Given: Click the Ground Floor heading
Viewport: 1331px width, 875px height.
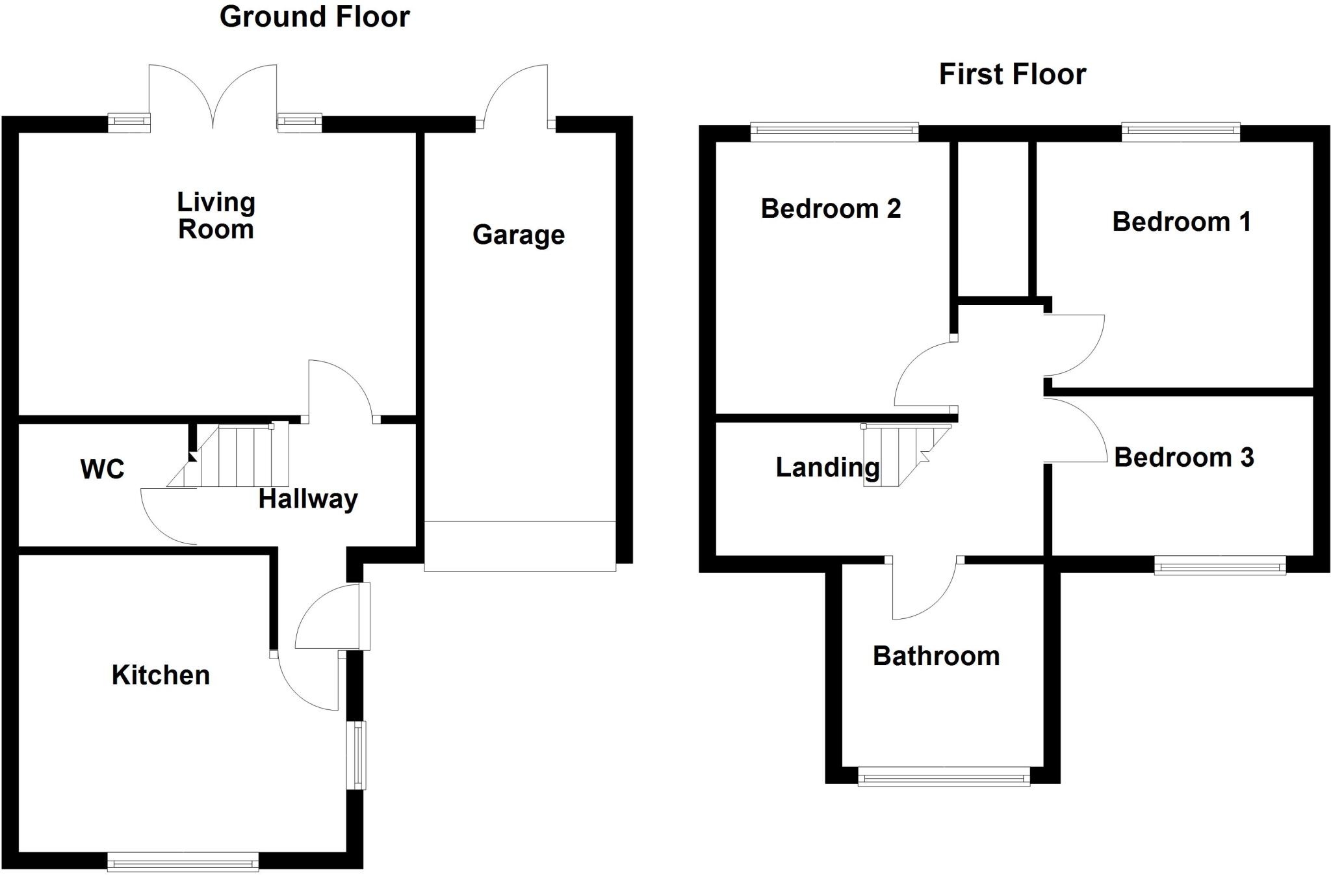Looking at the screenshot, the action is click(315, 17).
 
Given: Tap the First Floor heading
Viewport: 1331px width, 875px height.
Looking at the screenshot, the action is click(1012, 74).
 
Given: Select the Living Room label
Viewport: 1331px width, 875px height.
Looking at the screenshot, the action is click(216, 216).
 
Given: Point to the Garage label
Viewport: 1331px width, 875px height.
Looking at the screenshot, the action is click(518, 235).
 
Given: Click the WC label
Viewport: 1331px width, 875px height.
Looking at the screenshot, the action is click(102, 469).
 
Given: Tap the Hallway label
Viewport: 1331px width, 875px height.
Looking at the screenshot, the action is click(308, 499).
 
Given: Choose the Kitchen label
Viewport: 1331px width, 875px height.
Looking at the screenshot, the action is click(161, 675).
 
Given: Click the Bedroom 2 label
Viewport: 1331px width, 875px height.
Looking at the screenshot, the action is click(831, 209).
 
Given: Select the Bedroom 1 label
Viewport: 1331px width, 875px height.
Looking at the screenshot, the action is click(1181, 222).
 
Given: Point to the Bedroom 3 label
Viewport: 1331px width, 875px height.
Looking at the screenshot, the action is click(1183, 458).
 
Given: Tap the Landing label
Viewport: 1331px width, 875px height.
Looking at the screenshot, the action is click(827, 467).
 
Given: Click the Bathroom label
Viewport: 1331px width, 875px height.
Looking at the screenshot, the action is click(936, 656).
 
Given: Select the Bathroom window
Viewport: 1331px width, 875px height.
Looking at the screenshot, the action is click(944, 776).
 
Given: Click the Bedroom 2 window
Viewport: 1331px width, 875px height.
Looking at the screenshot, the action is click(834, 132).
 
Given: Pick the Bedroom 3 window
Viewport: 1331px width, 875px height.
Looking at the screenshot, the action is click(1220, 565).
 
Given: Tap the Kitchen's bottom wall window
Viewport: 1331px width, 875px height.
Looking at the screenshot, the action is click(183, 862).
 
